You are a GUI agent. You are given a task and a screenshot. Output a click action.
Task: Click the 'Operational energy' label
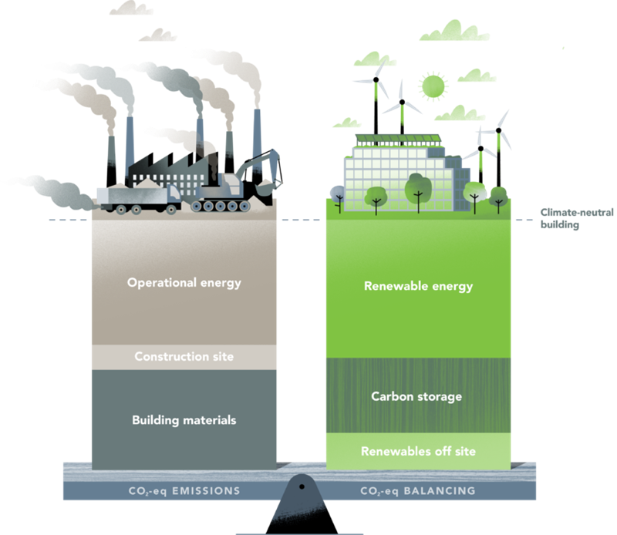point(184,282)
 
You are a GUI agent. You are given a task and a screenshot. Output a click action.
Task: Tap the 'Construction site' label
point(184,356)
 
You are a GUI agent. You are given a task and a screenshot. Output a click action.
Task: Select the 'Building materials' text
point(184,420)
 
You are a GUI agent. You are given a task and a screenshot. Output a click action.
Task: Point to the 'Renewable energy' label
point(417,286)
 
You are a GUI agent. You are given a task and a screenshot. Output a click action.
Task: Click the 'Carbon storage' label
point(416,396)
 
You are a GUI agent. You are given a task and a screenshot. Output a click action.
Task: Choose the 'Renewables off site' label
point(418,451)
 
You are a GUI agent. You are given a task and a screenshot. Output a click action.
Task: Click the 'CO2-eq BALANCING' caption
point(417,490)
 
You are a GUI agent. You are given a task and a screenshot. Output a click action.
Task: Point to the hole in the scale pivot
point(302,486)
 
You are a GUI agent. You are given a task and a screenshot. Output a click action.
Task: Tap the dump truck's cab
point(170,197)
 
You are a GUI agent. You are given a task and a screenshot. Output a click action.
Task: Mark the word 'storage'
point(440,397)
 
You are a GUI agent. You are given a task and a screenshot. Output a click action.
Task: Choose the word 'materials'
point(208,420)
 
